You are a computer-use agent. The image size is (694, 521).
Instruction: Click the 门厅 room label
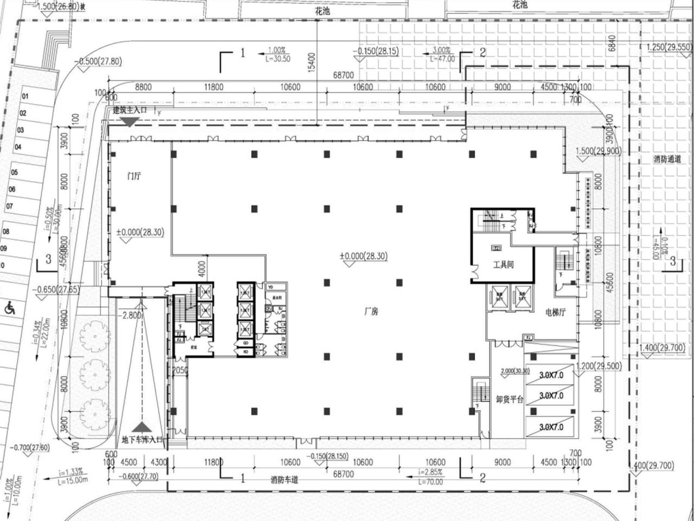pyautogui.click(x=134, y=176)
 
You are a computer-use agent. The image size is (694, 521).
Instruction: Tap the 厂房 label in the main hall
pyautogui.click(x=371, y=312)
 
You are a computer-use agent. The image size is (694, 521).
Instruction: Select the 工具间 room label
pyautogui.click(x=503, y=265)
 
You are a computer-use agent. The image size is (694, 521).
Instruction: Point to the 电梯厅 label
pyautogui.click(x=555, y=313)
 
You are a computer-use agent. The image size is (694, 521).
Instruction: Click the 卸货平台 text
pyautogui.click(x=510, y=400)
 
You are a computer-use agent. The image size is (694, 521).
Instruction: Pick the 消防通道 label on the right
pyautogui.click(x=667, y=159)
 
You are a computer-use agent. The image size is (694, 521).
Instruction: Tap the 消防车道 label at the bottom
pyautogui.click(x=285, y=480)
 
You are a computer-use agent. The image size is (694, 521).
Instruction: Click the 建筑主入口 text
pyautogui.click(x=130, y=110)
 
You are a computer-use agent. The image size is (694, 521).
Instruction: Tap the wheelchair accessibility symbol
pyautogui.click(x=9, y=308)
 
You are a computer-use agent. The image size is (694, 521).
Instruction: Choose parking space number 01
pyautogui.click(x=25, y=97)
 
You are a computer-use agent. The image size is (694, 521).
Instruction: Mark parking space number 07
pyautogui.click(x=9, y=207)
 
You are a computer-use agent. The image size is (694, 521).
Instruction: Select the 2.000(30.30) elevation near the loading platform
pyautogui.click(x=515, y=370)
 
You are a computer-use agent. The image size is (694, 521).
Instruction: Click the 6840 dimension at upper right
pyautogui.click(x=612, y=43)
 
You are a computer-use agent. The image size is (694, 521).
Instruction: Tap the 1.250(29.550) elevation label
pyautogui.click(x=669, y=47)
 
